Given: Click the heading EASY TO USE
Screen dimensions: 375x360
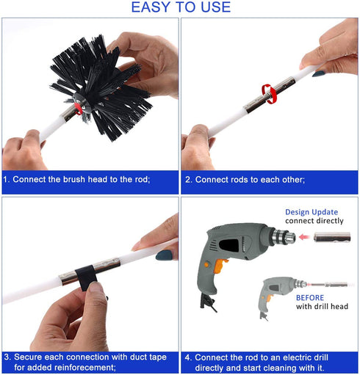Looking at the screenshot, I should [180, 8].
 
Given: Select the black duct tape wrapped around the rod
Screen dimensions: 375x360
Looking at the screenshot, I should [87, 277].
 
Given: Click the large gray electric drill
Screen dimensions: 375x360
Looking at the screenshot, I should [235, 253].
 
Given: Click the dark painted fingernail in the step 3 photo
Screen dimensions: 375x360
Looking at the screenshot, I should [164, 255].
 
